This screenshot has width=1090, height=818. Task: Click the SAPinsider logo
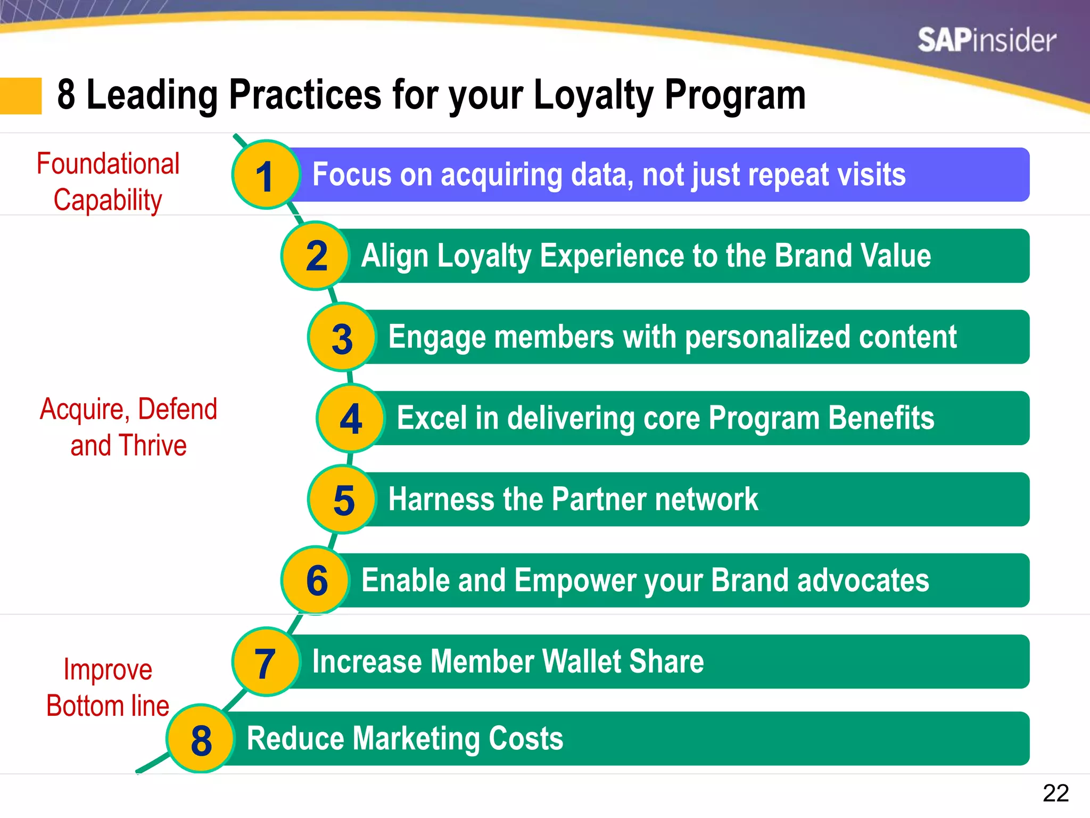click(986, 40)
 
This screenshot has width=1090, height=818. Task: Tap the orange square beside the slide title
click(21, 96)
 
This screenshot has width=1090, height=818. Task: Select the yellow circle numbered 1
click(266, 175)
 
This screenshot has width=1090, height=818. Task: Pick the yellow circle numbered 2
click(316, 256)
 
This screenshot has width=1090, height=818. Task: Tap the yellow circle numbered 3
click(342, 338)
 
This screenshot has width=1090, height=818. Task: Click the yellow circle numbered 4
click(351, 419)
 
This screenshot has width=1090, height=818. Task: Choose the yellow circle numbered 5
click(343, 500)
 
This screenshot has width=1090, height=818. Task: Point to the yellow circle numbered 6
click(316, 580)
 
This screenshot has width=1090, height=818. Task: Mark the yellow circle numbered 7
click(266, 662)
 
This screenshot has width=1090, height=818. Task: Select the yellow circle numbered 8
click(201, 739)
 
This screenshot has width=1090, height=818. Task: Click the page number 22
click(1055, 793)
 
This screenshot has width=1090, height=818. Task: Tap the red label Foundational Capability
click(108, 182)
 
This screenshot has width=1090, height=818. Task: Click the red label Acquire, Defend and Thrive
click(128, 427)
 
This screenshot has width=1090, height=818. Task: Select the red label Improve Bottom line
click(108, 688)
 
